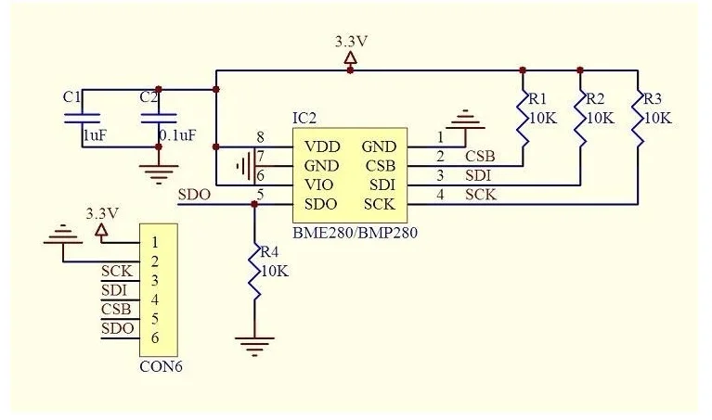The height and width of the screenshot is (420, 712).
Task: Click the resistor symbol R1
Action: [523, 119]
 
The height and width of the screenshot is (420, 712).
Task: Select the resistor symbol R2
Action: [580, 119]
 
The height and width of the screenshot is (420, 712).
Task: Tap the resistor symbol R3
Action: [638, 119]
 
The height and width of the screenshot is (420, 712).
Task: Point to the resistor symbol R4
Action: [254, 273]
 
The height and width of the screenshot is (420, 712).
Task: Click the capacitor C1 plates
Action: [83, 119]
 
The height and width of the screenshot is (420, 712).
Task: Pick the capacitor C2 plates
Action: [159, 119]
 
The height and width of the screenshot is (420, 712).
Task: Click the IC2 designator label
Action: [304, 119]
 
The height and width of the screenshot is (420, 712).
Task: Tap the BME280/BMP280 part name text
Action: [355, 233]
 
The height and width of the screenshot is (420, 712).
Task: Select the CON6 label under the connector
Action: [161, 366]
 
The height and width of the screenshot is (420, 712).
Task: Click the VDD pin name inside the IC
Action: [322, 146]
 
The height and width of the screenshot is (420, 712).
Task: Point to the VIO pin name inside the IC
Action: [318, 185]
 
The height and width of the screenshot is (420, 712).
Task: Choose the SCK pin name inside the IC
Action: [379, 205]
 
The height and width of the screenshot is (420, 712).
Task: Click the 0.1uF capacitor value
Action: [177, 135]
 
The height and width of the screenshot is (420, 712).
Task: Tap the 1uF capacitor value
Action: [95, 135]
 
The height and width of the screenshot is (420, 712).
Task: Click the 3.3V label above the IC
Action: [351, 42]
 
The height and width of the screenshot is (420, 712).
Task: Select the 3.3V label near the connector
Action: [102, 213]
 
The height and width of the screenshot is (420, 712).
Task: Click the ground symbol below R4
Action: [254, 346]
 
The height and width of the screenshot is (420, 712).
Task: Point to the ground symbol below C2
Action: [159, 174]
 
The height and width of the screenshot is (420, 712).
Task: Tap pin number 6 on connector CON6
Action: [155, 337]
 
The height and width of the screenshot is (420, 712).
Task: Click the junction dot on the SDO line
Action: [254, 205]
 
